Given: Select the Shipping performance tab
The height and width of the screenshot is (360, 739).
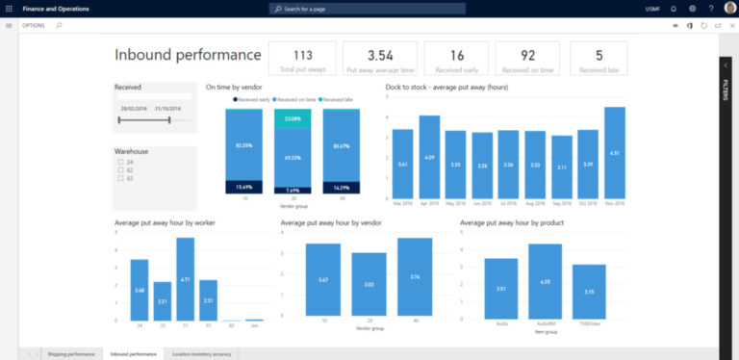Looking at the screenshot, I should coord(71,354).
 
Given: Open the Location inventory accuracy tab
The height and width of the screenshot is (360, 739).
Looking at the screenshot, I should coord(200,354).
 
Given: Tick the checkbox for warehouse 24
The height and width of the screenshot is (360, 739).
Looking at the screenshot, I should coord(120,162).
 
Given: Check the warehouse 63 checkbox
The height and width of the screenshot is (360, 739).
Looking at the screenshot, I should coord(120,179).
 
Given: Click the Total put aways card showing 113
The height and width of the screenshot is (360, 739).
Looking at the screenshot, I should coord(302,59).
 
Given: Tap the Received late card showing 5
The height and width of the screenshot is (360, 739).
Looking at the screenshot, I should coord(599,59).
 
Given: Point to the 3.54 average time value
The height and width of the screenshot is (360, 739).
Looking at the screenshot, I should coord(380,55).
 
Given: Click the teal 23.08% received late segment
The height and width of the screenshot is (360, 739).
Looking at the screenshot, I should coord(293,118).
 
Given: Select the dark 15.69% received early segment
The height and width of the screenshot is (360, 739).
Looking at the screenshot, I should coord(243,187).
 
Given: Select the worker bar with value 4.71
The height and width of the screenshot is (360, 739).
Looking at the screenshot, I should coord(186,279).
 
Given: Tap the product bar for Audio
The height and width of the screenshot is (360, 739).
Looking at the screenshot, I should coord(501,289).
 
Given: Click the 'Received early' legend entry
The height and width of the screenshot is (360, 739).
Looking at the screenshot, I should coord(251,99).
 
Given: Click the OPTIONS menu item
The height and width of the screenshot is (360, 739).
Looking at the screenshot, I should coord(34,25).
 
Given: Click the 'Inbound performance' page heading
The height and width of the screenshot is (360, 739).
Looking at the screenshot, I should coord(188,55).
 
